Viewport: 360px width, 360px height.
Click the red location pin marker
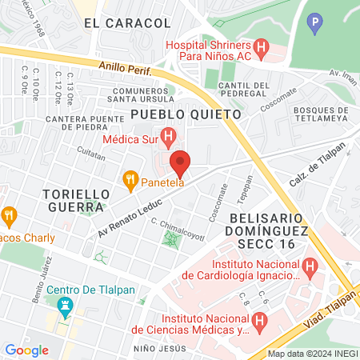coord(180,162)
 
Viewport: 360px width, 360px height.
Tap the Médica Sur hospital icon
coord(168,138)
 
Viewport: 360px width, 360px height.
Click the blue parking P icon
coord(316,24)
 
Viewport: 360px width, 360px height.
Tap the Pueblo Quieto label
coord(186,114)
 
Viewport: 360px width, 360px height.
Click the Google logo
coord(26,350)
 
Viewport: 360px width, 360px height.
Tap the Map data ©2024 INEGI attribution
coord(311,354)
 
